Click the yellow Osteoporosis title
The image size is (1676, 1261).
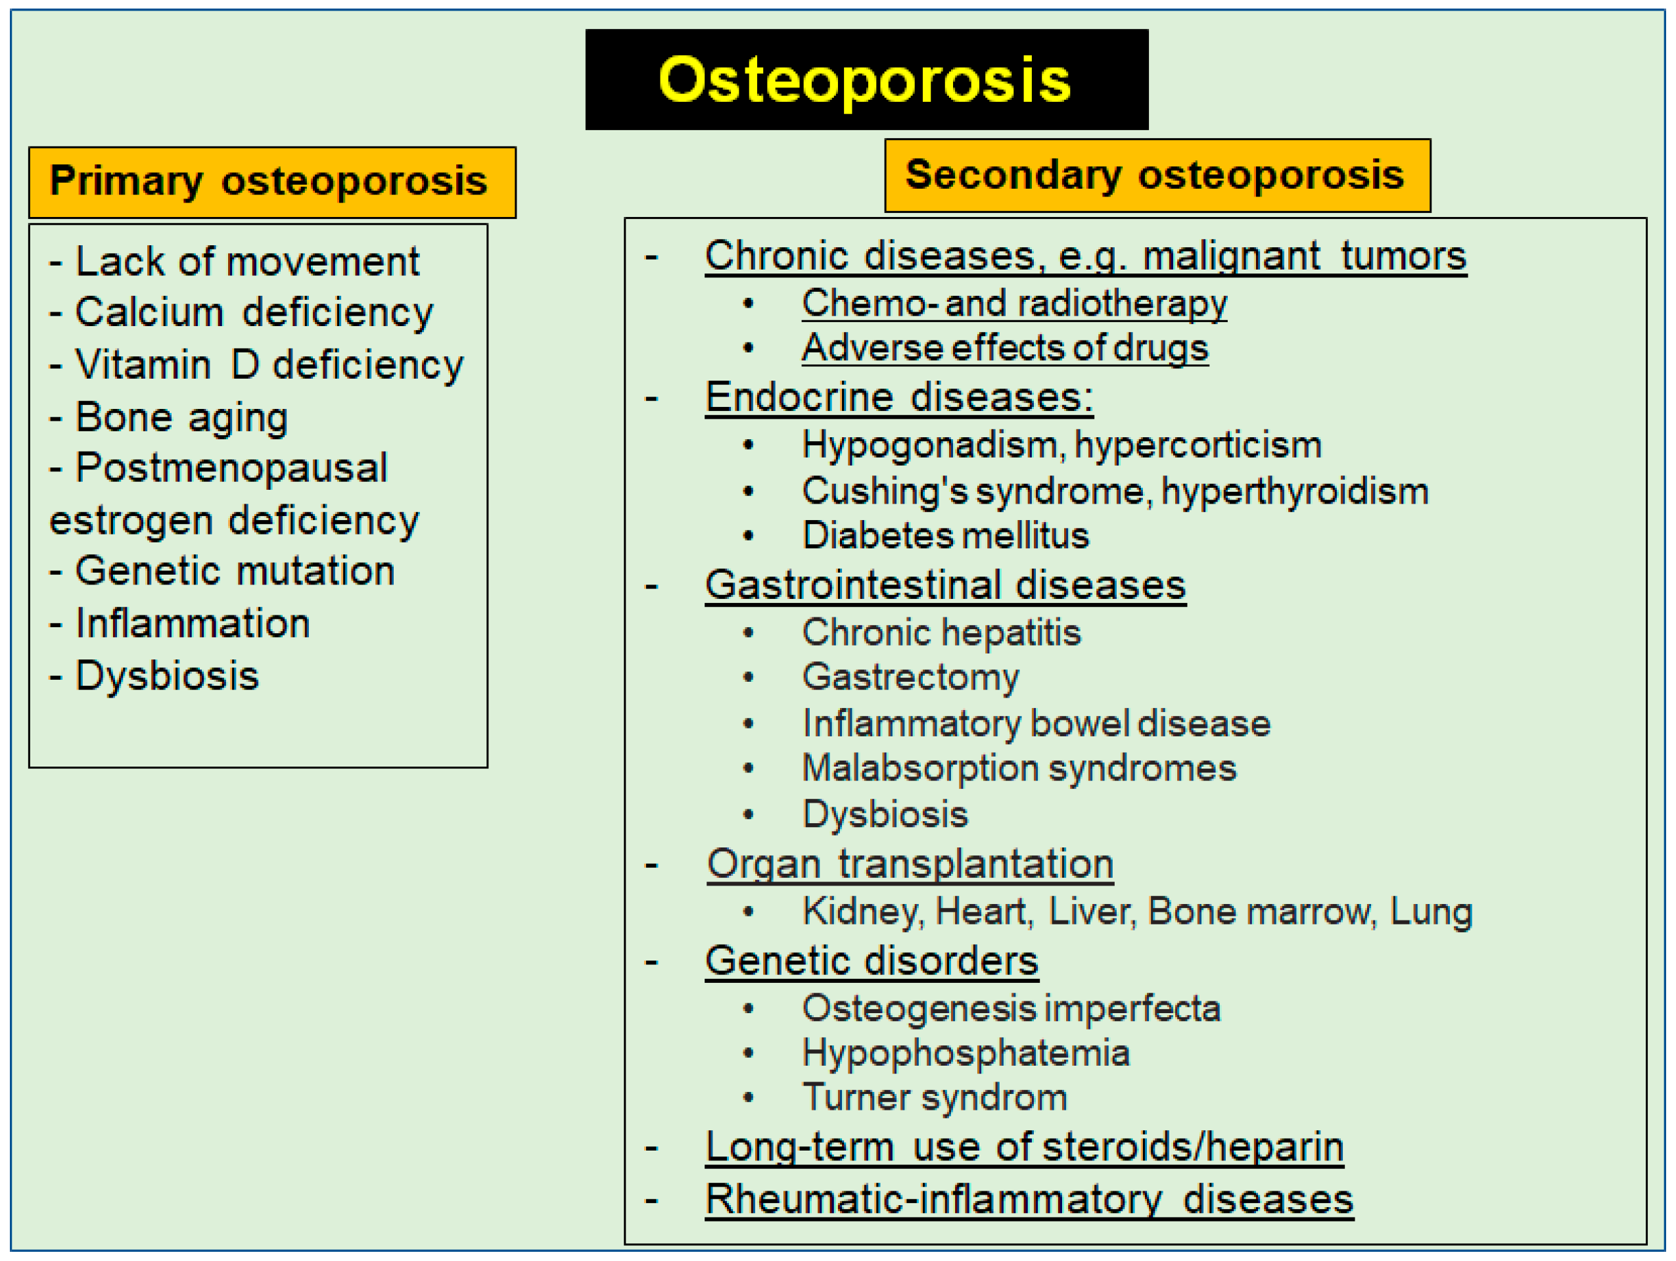click(864, 81)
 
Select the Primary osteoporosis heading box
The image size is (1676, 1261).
click(272, 183)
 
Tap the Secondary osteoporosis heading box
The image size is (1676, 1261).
click(1157, 175)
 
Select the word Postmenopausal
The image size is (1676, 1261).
click(231, 468)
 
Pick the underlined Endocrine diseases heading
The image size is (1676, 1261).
click(898, 398)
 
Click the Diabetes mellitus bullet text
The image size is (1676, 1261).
click(946, 536)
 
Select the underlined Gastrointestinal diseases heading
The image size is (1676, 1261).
click(945, 586)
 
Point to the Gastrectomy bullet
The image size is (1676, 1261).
click(911, 677)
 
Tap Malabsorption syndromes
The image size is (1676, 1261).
click(1019, 769)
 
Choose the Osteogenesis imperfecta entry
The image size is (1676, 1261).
click(1012, 1009)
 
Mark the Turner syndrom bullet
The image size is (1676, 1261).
click(935, 1098)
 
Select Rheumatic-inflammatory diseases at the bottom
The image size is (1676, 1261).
click(1029, 1200)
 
